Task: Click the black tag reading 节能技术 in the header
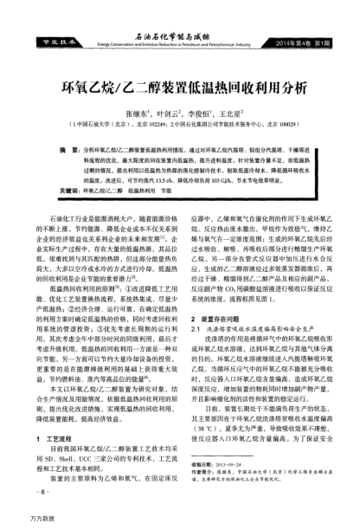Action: click(44, 42)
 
